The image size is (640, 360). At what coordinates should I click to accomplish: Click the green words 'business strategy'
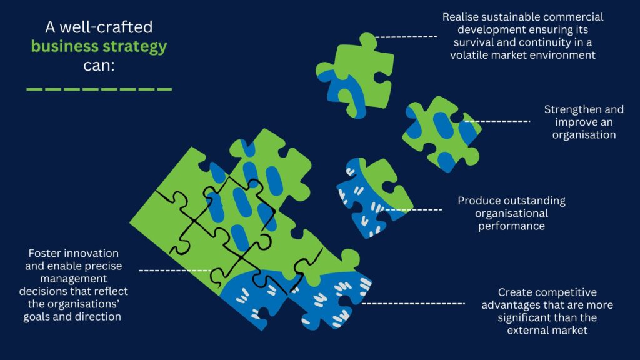click(x=99, y=46)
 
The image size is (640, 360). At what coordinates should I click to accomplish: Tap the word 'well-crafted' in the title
click(x=106, y=27)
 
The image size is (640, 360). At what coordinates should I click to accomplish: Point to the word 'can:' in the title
click(x=99, y=65)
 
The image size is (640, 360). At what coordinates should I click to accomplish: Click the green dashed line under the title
click(x=99, y=89)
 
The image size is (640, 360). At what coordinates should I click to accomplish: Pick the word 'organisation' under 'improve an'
click(x=584, y=135)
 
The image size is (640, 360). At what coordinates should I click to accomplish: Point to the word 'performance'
click(x=511, y=226)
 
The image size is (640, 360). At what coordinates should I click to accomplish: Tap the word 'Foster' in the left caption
click(x=39, y=254)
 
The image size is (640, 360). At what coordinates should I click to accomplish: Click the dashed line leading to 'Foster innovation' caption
click(x=175, y=271)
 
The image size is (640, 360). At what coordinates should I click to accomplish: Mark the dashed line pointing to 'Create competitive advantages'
click(x=414, y=304)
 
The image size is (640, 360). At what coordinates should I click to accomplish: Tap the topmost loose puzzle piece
click(x=355, y=76)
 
